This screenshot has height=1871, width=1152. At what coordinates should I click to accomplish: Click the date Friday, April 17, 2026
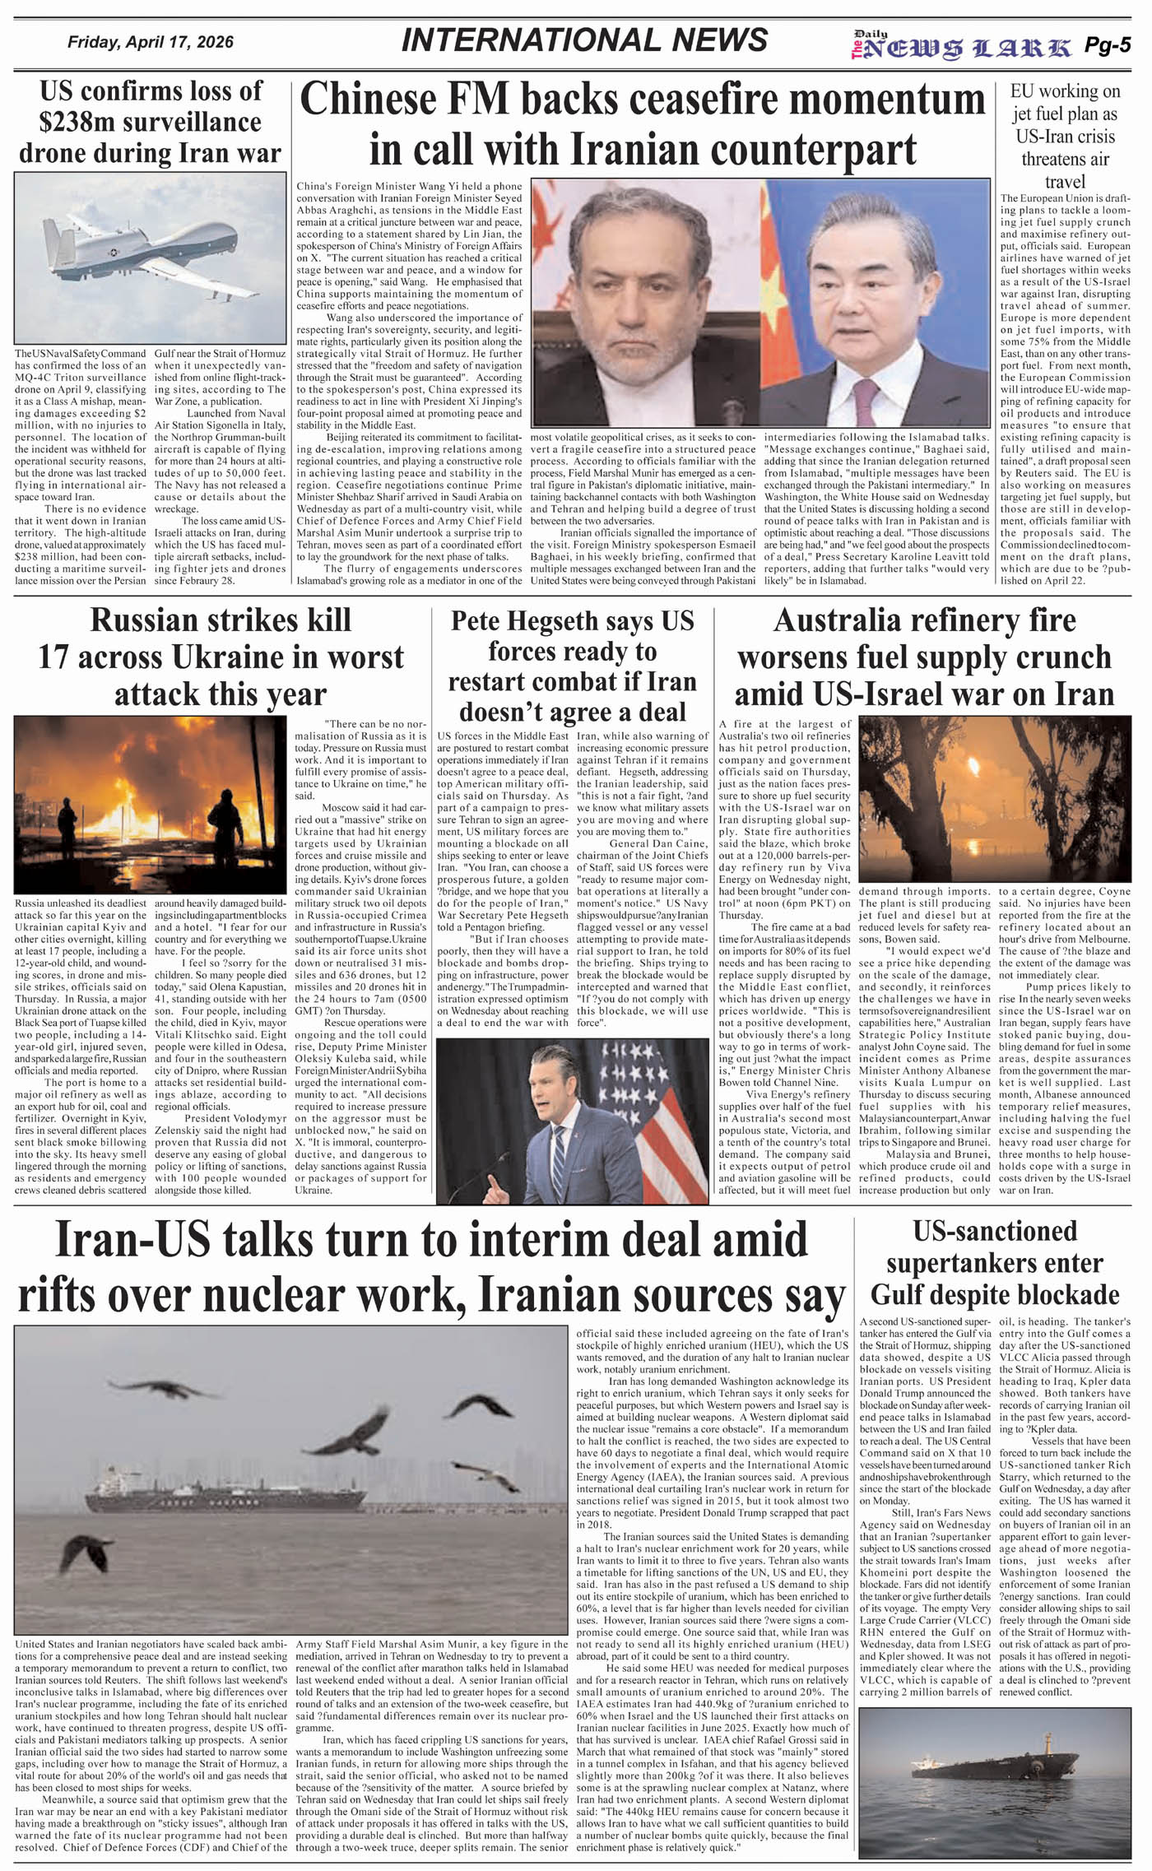151,42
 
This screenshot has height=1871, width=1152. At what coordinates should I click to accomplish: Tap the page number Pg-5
1108,46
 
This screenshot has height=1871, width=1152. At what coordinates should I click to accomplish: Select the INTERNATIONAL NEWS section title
584,40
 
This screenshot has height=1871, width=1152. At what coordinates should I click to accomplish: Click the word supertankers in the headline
995,1263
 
